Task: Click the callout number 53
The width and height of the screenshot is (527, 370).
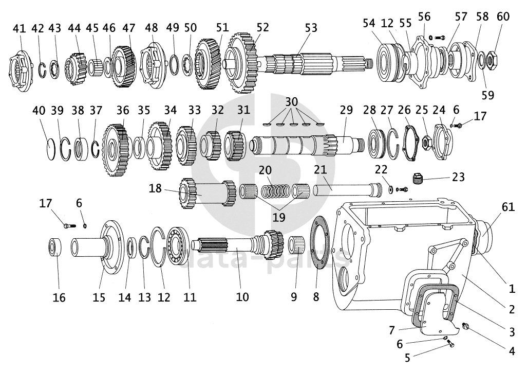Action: tap(311, 28)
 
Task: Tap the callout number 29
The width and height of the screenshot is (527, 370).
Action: tap(346, 110)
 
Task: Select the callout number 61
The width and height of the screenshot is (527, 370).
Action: tap(508, 206)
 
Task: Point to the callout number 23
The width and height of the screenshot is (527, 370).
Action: tap(458, 177)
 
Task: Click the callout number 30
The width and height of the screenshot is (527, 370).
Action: tap(292, 102)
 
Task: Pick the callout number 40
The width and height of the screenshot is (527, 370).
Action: tap(40, 110)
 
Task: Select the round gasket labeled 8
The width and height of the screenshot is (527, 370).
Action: tap(319, 243)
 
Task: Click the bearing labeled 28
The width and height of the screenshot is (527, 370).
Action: tap(377, 143)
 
